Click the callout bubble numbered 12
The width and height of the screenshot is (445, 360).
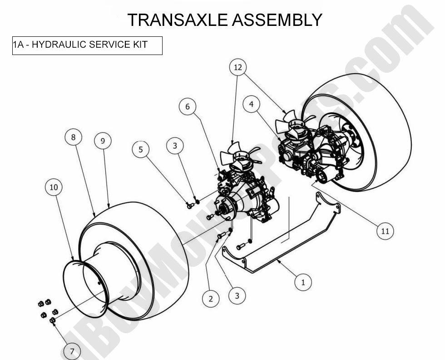(238, 68)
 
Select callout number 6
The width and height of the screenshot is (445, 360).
(188, 107)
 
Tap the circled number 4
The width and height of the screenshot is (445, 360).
(251, 105)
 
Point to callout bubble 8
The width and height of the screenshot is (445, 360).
(73, 137)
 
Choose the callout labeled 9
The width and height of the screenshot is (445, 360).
(103, 141)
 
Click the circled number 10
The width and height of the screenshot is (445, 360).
(54, 187)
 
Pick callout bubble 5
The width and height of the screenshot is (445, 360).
(141, 149)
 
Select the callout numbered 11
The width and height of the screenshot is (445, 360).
(385, 231)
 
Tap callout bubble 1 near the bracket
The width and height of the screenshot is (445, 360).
(303, 282)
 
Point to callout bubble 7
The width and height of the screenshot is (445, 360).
(72, 350)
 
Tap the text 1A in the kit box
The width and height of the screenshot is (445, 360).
(18, 45)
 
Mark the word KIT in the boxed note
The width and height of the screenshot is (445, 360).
(140, 45)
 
